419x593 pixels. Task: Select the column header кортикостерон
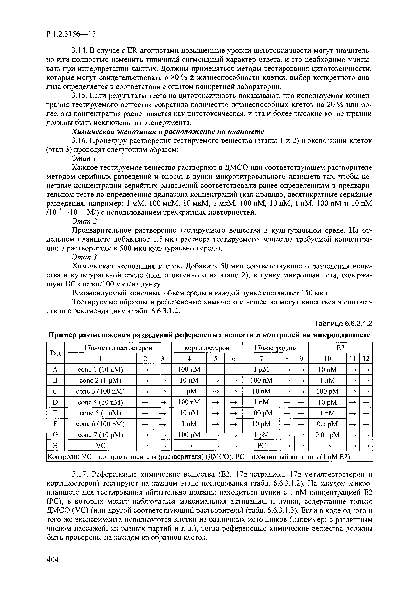207,348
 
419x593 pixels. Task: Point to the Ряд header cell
55,353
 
